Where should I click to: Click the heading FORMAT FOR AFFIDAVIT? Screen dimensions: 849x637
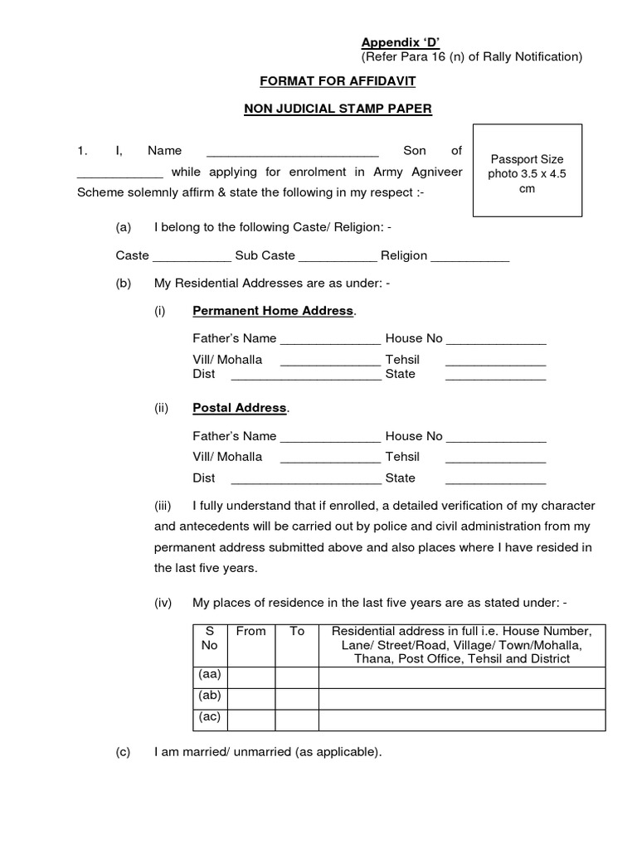click(338, 81)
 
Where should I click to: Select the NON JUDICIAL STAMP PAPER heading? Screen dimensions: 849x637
click(338, 108)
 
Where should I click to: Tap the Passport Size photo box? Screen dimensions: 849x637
click(527, 170)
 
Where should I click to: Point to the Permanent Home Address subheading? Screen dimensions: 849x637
click(273, 311)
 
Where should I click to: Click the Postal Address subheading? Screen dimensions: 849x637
click(240, 408)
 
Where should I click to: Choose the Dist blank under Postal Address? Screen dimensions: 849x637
click(305, 479)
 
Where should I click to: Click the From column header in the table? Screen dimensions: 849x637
click(250, 631)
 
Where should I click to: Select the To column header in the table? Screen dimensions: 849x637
click(297, 631)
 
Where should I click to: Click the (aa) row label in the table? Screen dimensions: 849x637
click(210, 676)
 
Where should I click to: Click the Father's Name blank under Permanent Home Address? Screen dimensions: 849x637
click(330, 340)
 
